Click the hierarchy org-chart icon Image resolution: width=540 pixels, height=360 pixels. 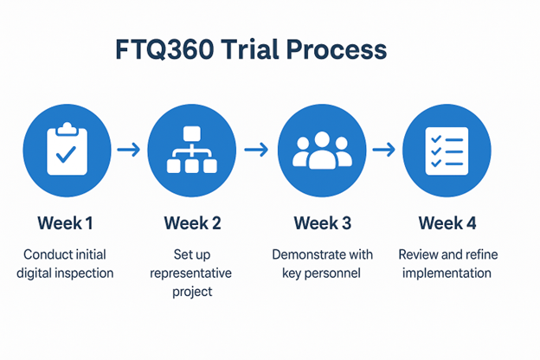click(192, 150)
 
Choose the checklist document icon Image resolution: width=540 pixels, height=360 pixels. click(447, 150)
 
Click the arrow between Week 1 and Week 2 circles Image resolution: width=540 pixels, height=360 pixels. click(128, 150)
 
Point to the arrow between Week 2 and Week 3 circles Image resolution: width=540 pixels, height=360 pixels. click(256, 150)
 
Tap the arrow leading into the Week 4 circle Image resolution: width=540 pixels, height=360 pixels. click(383, 150)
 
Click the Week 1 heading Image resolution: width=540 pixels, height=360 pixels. click(65, 223)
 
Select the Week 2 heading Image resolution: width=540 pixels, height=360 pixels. click(192, 223)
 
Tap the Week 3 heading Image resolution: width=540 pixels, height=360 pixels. click(322, 223)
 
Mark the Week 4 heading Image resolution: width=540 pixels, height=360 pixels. click(447, 223)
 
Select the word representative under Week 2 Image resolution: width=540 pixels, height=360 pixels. click(192, 273)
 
